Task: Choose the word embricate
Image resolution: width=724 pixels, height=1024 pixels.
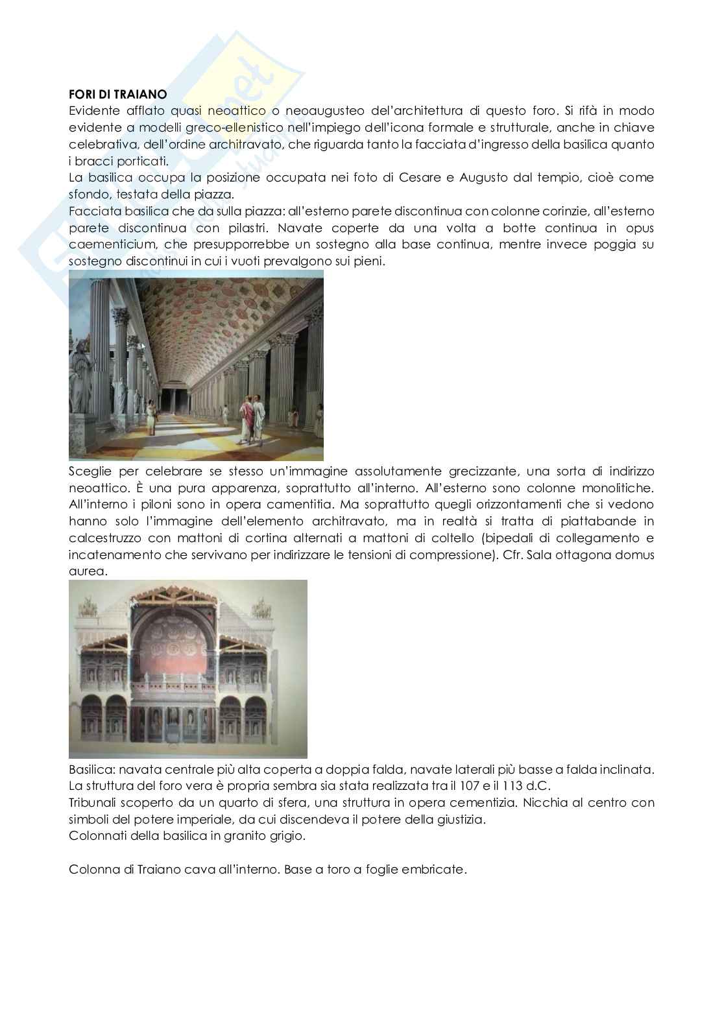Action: tap(437, 870)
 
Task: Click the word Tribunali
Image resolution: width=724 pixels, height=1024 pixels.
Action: tap(90, 802)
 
